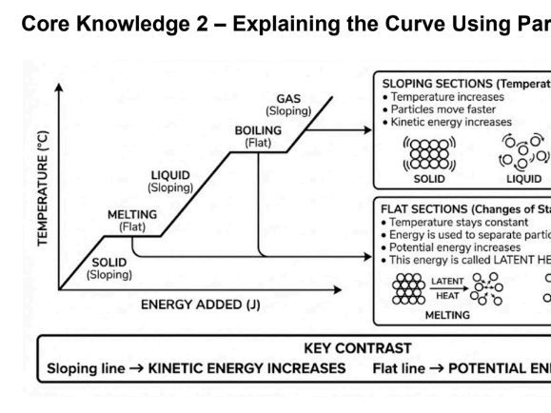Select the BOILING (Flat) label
pyautogui.click(x=257, y=135)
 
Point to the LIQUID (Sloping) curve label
pyautogui.click(x=171, y=180)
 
